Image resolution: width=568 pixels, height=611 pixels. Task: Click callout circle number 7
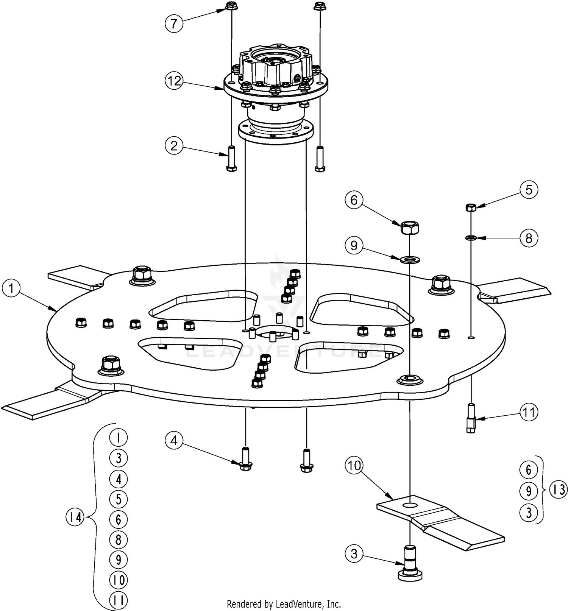pyautogui.click(x=174, y=23)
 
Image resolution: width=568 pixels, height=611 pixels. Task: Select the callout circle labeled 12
pyautogui.click(x=174, y=81)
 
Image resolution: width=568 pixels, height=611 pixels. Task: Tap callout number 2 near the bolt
pyautogui.click(x=174, y=146)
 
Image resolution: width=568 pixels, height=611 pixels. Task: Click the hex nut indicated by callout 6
pyautogui.click(x=410, y=228)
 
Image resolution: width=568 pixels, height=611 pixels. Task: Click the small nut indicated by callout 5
pyautogui.click(x=470, y=207)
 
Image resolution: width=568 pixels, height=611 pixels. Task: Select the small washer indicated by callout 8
pyautogui.click(x=470, y=238)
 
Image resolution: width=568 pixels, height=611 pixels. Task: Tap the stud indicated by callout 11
pyautogui.click(x=471, y=418)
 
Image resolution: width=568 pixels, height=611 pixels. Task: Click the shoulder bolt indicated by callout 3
pyautogui.click(x=410, y=568)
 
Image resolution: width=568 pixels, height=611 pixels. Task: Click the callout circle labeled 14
pyautogui.click(x=75, y=517)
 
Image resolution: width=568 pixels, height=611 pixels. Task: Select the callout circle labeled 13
pyautogui.click(x=559, y=490)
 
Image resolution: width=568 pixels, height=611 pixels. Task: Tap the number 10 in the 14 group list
pyautogui.click(x=119, y=580)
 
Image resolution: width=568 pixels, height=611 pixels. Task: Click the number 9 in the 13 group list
pyautogui.click(x=529, y=491)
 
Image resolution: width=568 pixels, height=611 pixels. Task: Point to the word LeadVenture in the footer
pyautogui.click(x=296, y=603)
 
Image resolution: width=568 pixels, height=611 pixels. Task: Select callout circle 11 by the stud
pyautogui.click(x=529, y=412)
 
